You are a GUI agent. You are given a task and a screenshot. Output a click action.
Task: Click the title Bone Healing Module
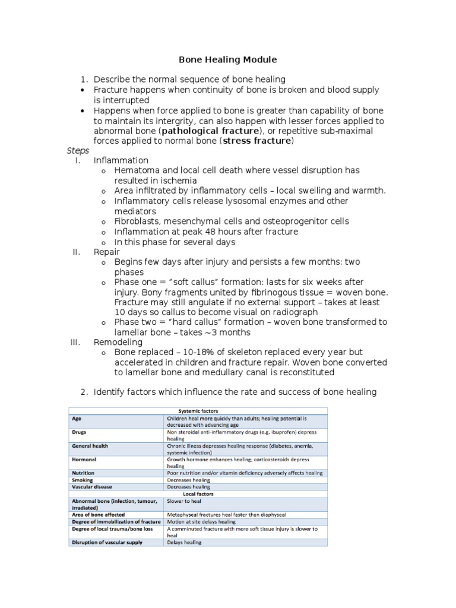click(228, 60)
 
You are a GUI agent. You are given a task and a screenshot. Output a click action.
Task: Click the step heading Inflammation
click(121, 161)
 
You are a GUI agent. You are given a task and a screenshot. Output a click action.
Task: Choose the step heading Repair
click(107, 252)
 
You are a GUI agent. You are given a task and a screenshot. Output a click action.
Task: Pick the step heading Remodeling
click(118, 343)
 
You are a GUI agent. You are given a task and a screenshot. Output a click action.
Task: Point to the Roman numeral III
click(75, 343)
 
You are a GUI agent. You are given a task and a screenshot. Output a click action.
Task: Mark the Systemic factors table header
click(198, 410)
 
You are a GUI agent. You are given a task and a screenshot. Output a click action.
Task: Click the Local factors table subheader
click(198, 493)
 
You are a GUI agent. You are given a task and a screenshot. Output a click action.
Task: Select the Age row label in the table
click(77, 419)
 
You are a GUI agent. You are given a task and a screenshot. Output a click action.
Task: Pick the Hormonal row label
click(84, 460)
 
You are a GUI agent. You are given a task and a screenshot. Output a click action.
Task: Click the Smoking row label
click(83, 480)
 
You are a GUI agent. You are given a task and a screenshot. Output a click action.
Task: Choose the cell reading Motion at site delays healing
click(205, 521)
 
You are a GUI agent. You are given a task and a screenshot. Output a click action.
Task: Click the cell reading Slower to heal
click(184, 501)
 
